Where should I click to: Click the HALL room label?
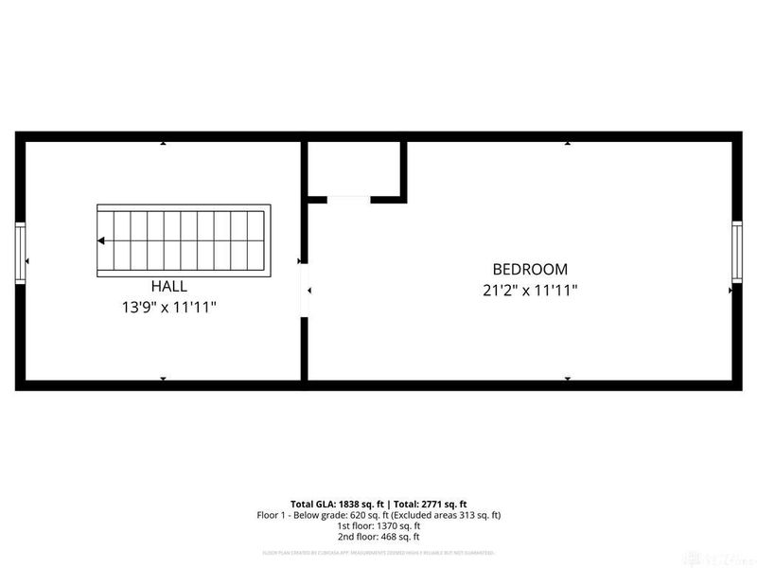pyautogui.click(x=168, y=285)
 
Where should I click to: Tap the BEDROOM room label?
pyautogui.click(x=530, y=269)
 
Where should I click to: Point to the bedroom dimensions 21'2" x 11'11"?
pyautogui.click(x=530, y=291)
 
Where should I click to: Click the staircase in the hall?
pyautogui.click(x=182, y=240)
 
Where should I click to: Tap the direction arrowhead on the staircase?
pyautogui.click(x=100, y=240)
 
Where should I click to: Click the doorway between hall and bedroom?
pyautogui.click(x=304, y=291)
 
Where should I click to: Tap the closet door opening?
pyautogui.click(x=348, y=199)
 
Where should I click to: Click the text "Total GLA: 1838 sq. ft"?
pyautogui.click(x=336, y=503)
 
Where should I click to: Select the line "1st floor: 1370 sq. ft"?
pyautogui.click(x=378, y=525)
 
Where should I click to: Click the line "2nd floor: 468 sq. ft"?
pyautogui.click(x=378, y=537)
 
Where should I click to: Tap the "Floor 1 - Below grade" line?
pyautogui.click(x=317, y=514)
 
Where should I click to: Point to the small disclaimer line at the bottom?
pyautogui.click(x=378, y=552)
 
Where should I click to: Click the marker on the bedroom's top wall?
pyautogui.click(x=568, y=144)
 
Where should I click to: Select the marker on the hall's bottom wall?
pyautogui.click(x=163, y=378)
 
